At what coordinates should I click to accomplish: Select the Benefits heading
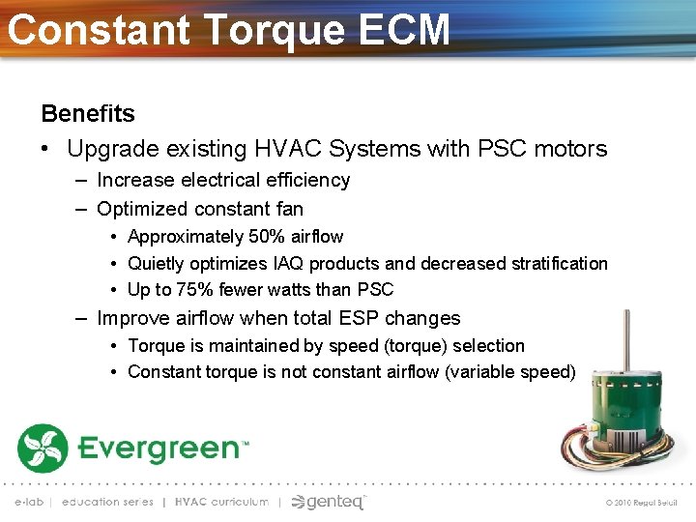click(x=88, y=113)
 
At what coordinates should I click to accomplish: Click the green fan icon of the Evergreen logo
click(x=43, y=448)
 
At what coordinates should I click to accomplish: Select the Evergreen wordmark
click(x=161, y=449)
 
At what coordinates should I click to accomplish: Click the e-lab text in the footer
click(x=28, y=502)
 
